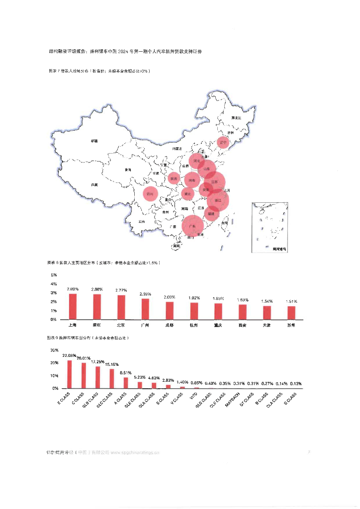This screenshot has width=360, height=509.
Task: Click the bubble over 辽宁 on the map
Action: (223, 142)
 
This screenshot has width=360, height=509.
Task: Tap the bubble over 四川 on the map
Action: (150, 193)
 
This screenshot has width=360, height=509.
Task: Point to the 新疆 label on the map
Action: (94, 141)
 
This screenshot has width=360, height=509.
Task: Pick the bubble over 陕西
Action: (174, 178)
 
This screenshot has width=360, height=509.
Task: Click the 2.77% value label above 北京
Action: (121, 290)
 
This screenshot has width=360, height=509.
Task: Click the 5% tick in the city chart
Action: (53, 275)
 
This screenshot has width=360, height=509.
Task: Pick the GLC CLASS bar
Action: (112, 378)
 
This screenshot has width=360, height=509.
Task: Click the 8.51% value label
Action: (126, 373)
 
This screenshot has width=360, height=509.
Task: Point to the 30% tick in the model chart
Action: (55, 350)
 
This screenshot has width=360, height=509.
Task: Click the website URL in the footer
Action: (134, 453)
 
